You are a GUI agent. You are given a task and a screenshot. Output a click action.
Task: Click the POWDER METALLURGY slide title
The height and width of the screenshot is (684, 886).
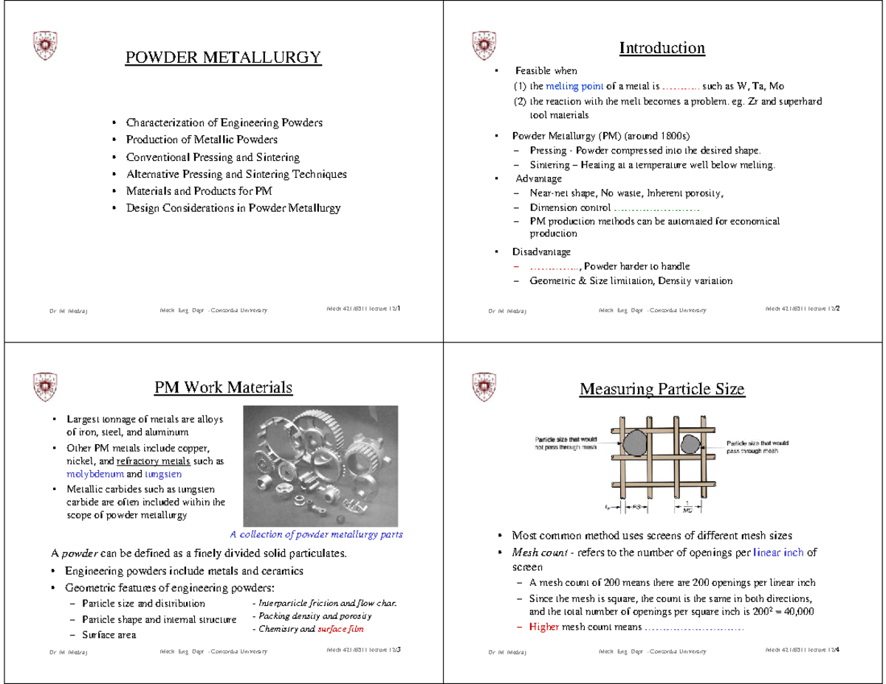(223, 58)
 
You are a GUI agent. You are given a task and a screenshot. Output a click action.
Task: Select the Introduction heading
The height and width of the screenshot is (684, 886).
(662, 49)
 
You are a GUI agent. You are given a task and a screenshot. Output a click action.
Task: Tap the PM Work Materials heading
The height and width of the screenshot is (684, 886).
(223, 387)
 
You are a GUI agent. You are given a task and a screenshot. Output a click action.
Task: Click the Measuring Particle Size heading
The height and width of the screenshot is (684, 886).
(662, 389)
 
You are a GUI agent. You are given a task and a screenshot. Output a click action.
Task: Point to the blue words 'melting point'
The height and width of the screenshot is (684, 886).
(566, 86)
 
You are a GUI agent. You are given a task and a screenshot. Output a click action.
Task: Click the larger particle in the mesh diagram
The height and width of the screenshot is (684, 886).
(634, 443)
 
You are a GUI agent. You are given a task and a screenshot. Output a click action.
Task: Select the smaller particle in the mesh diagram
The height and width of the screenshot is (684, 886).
(690, 444)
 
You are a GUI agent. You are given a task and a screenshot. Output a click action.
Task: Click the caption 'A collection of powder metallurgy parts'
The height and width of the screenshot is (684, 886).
(316, 535)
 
